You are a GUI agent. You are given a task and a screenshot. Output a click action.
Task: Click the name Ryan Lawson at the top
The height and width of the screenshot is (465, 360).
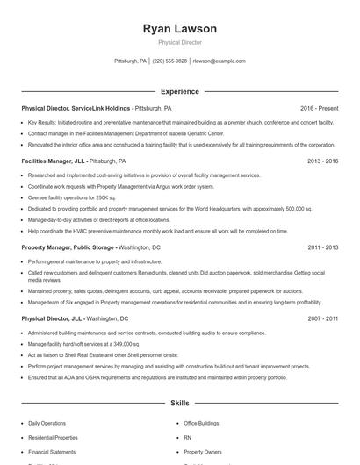tap(179, 29)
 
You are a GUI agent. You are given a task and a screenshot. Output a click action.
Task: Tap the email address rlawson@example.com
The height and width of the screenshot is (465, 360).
tap(219, 61)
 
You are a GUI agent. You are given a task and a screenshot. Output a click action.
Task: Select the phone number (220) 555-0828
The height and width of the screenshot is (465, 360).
tap(169, 61)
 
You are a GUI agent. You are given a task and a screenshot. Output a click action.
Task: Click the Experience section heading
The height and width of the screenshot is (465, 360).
tap(179, 91)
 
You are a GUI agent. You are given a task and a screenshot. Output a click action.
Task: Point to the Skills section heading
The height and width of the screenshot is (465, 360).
tap(179, 404)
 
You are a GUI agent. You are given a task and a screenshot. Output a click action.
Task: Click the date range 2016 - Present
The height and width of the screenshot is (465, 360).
tap(319, 108)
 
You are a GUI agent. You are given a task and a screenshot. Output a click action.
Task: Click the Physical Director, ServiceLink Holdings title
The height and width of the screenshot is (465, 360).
tap(76, 108)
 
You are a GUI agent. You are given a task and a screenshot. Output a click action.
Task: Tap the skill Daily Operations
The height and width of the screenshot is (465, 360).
tap(47, 423)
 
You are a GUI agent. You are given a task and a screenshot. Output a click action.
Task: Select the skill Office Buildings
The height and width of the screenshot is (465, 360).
tap(202, 423)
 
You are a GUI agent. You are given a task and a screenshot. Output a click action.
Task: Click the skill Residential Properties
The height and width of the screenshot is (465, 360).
tap(53, 437)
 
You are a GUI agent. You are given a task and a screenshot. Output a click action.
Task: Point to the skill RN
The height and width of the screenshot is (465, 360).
tap(187, 437)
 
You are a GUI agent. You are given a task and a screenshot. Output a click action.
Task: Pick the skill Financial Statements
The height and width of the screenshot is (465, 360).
tap(52, 451)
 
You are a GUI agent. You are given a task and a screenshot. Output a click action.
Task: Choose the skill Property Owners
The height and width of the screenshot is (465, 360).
tap(203, 451)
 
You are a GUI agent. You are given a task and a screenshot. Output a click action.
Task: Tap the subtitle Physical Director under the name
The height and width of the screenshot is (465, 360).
tap(179, 42)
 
